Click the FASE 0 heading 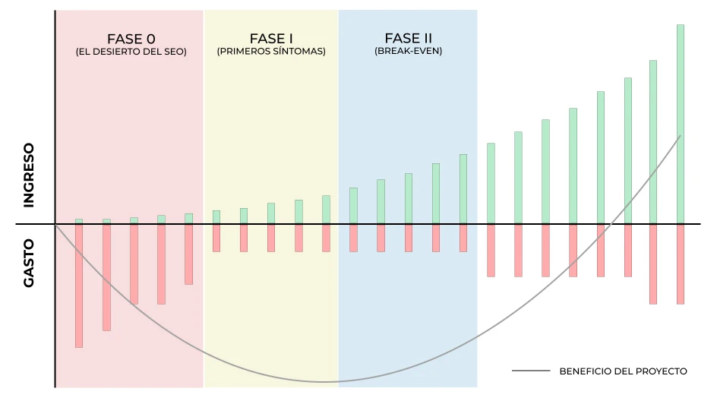pos(131,39)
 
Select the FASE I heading pos(271,39)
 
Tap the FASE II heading pos(408,39)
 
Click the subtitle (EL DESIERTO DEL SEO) pos(131,52)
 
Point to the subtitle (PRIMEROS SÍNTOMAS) pos(271,52)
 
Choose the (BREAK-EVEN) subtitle pos(408,52)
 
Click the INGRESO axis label pos(29,175)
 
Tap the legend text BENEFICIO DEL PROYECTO pos(623,371)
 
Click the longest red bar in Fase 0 pos(79,286)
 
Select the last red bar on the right pos(681,264)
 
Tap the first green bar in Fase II pos(353,206)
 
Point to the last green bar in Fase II pos(463,189)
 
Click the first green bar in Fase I pos(216,217)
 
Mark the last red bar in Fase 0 pos(188,254)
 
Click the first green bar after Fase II pos(491,183)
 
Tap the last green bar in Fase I pos(326,210)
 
